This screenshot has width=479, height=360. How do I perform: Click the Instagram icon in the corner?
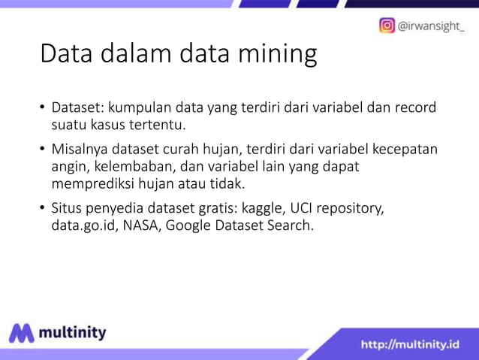click(387, 26)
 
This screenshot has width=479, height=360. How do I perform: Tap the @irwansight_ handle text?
click(431, 26)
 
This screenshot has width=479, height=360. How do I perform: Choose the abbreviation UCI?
click(306, 208)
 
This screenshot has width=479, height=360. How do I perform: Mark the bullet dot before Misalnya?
click(43, 150)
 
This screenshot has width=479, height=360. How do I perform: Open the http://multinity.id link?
click(410, 345)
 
